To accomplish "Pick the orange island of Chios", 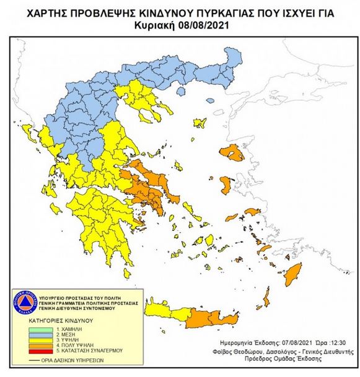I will coord(226,185).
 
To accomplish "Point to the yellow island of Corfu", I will coord(27,131).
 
